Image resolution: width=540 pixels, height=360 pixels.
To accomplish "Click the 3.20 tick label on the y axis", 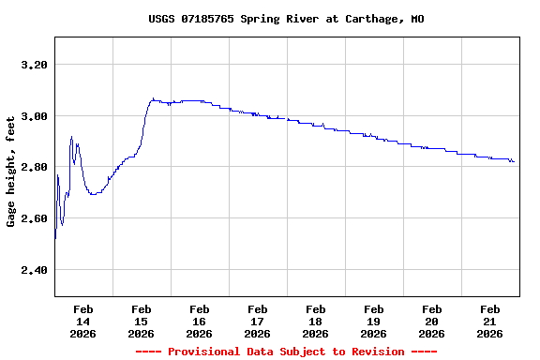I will pyautogui.click(x=33, y=65).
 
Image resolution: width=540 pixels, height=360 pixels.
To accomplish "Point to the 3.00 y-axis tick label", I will pyautogui.click(x=33, y=116).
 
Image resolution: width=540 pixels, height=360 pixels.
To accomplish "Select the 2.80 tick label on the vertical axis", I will pyautogui.click(x=33, y=167).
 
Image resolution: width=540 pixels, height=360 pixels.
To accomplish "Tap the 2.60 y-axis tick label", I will pyautogui.click(x=33, y=218).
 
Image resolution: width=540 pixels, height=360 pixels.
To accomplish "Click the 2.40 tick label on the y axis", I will pyautogui.click(x=33, y=270).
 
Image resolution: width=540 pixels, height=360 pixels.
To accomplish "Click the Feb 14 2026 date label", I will pyautogui.click(x=82, y=321).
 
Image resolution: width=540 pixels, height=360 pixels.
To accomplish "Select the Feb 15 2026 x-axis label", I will pyautogui.click(x=141, y=321).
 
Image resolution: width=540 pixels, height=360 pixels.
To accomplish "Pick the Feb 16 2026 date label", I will pyautogui.click(x=199, y=321).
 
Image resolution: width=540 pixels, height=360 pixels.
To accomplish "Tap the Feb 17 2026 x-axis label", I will pyautogui.click(x=257, y=321).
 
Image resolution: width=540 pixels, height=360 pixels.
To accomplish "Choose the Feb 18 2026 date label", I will pyautogui.click(x=315, y=321).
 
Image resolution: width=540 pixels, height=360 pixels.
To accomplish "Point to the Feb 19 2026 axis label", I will pyautogui.click(x=373, y=321).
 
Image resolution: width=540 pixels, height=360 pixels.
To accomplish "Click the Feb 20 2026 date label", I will pyautogui.click(x=431, y=321).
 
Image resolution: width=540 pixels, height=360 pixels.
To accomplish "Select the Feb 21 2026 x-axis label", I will pyautogui.click(x=489, y=321).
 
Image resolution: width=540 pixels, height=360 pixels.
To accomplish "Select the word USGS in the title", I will pyautogui.click(x=161, y=19).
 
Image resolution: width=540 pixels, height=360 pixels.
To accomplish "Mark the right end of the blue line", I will pyautogui.click(x=514, y=162).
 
